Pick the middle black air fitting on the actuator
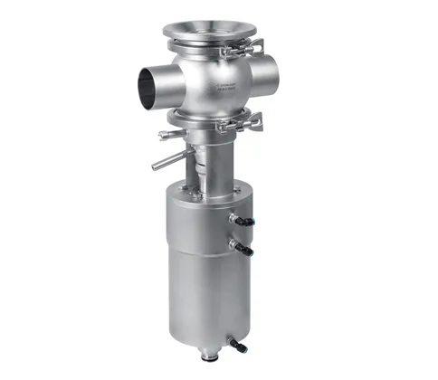click(242, 246)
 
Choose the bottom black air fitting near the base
click(239, 344)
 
